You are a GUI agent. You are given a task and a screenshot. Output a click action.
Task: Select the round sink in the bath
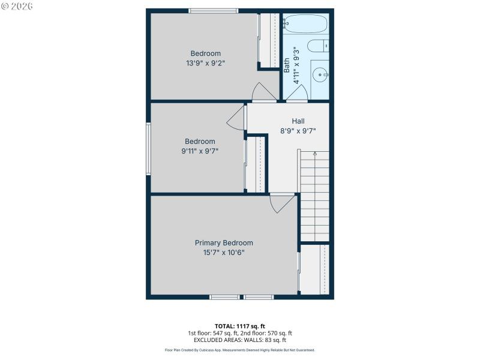click(320, 75)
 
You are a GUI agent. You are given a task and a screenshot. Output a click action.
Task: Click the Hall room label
click(298, 121)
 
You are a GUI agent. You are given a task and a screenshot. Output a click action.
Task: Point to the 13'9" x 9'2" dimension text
click(206, 62)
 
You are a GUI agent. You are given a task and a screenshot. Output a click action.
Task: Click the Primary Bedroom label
click(224, 243)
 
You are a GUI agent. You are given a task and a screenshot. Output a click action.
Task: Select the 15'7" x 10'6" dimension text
click(224, 253)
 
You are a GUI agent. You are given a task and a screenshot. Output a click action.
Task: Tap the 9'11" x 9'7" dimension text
click(200, 151)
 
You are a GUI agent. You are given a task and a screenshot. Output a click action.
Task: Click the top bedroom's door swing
click(262, 93)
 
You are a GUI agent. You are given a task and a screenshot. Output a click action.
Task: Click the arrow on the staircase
click(315, 155)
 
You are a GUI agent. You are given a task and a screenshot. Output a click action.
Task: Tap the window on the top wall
click(213, 10)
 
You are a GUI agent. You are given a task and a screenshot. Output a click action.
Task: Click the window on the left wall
click(148, 149)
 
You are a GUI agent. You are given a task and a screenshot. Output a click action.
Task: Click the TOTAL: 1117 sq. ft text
click(240, 326)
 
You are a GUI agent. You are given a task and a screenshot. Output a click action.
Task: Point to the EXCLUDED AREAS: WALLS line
click(240, 340)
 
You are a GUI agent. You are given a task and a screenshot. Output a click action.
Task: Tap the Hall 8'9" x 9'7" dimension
click(298, 131)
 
